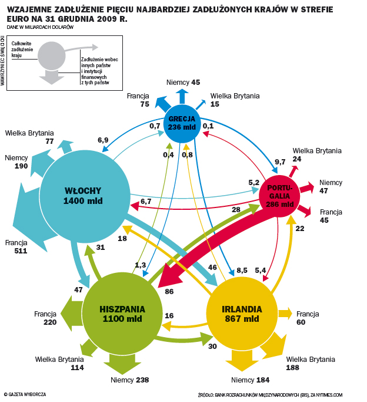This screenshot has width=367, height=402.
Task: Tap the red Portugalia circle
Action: coord(280,196)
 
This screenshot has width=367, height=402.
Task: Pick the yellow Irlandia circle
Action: coord(242,314)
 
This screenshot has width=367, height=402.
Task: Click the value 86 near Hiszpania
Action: coord(169,291)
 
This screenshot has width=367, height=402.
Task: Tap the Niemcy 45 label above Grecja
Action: coord(183,83)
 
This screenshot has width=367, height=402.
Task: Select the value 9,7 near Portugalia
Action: coord(280,162)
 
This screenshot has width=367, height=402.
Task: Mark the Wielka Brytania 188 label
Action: coord(310,364)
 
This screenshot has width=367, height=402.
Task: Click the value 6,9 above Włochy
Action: coord(103,140)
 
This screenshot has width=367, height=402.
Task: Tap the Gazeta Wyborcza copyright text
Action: coord(25,394)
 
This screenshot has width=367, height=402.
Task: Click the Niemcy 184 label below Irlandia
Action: coord(250,380)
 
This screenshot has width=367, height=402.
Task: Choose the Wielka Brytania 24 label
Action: coord(316,154)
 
